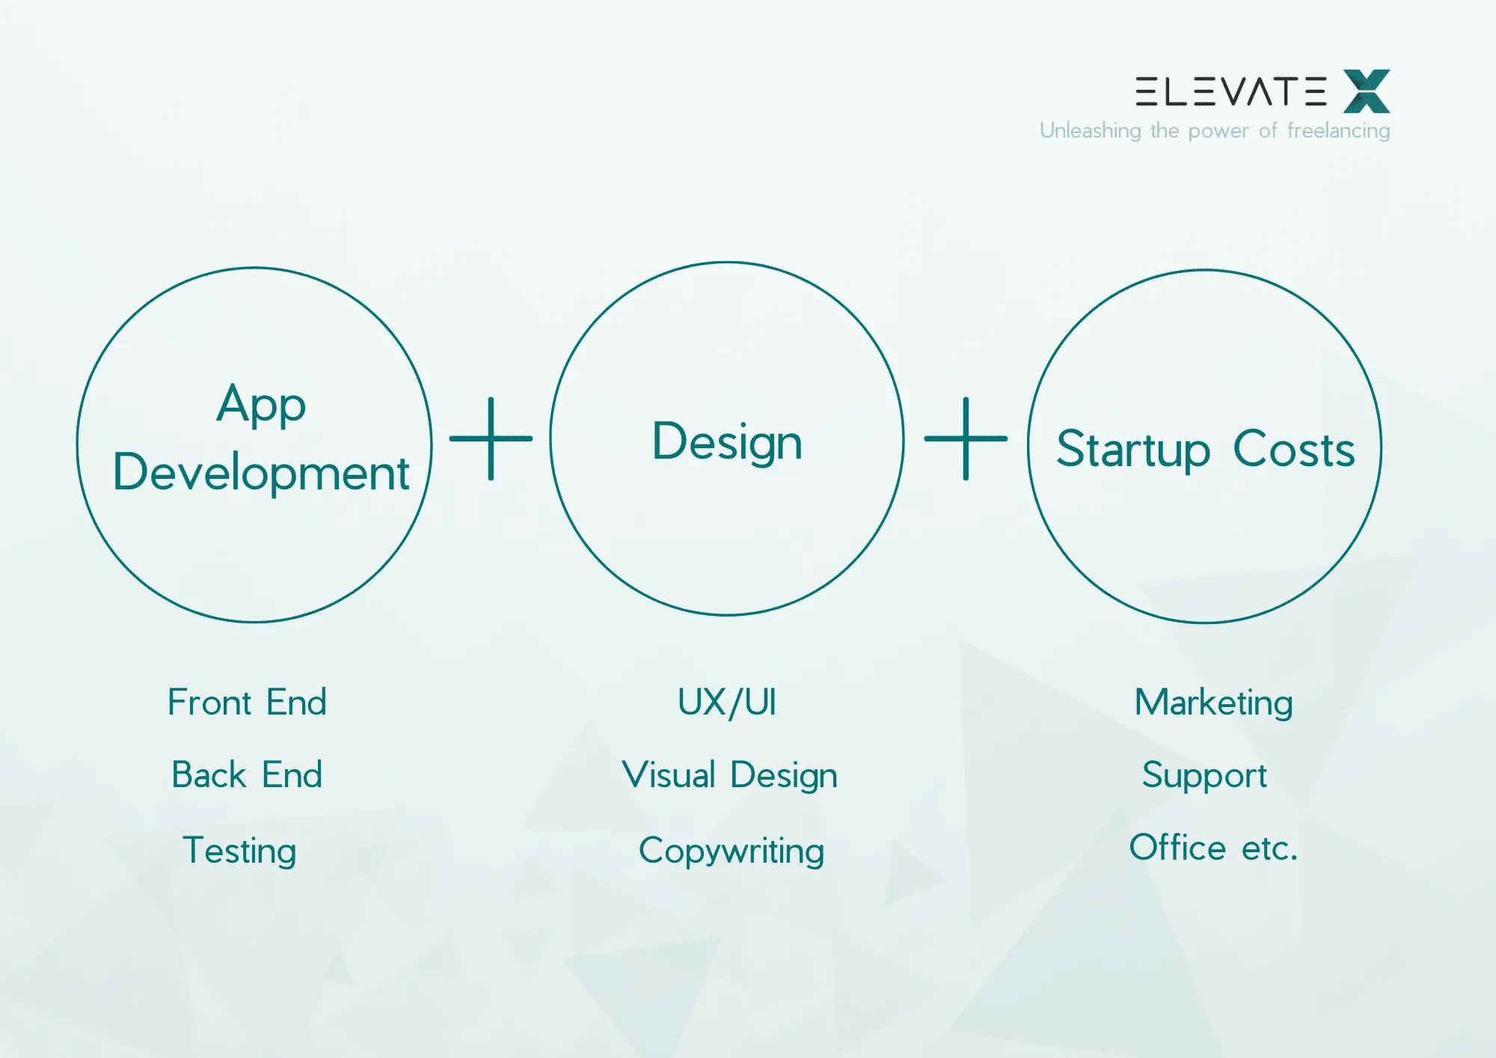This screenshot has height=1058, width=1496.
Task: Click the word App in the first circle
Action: [x=261, y=404]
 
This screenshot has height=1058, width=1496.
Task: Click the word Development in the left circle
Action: [x=261, y=472]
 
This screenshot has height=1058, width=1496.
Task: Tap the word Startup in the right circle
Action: [x=1132, y=449]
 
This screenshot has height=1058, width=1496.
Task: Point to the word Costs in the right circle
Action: [x=1293, y=449]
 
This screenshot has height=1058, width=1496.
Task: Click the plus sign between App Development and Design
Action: [x=491, y=438]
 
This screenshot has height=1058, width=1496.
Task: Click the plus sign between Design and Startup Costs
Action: [x=966, y=438]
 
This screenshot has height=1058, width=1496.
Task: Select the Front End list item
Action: [x=247, y=702]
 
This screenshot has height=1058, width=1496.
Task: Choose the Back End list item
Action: [x=247, y=774]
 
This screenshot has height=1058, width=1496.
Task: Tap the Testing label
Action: [x=239, y=850]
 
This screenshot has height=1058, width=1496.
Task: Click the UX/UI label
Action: [x=727, y=702]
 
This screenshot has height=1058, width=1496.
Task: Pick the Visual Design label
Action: [x=729, y=774]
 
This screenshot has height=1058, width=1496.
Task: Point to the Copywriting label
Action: [x=731, y=851]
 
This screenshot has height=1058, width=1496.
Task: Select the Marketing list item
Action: [x=1213, y=702]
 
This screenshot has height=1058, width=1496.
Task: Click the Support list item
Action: [x=1204, y=774]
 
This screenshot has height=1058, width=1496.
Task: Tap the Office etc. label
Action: [x=1213, y=848]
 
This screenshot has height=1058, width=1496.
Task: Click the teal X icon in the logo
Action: [x=1367, y=91]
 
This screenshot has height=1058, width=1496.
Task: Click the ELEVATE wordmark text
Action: [x=1230, y=91]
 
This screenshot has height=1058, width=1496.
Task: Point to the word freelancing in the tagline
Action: [x=1338, y=131]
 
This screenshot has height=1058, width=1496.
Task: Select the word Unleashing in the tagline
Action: [x=1090, y=131]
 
